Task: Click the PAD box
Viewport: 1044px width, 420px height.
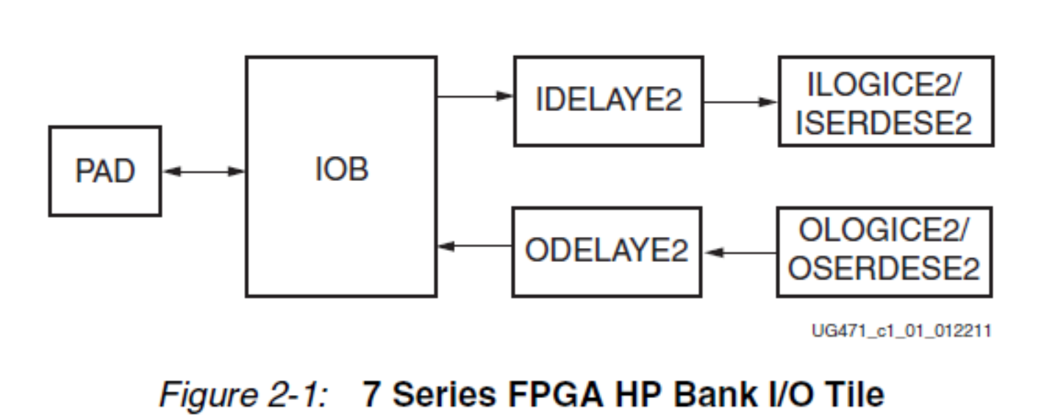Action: click(x=104, y=171)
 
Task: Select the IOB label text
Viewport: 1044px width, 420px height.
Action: click(x=342, y=170)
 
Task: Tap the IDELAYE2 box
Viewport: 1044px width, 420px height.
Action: click(x=608, y=101)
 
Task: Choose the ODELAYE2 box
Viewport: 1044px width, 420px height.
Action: click(x=607, y=251)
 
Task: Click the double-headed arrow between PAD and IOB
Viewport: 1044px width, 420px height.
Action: click(x=203, y=172)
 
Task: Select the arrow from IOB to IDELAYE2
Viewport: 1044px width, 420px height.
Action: click(x=475, y=96)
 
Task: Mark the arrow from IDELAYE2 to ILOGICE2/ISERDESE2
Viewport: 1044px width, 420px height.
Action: click(x=740, y=102)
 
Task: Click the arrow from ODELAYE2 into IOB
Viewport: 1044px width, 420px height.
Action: click(x=475, y=246)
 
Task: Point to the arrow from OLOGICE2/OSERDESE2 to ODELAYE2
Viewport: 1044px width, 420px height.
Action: click(x=740, y=252)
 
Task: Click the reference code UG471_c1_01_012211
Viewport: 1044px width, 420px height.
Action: click(x=901, y=331)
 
